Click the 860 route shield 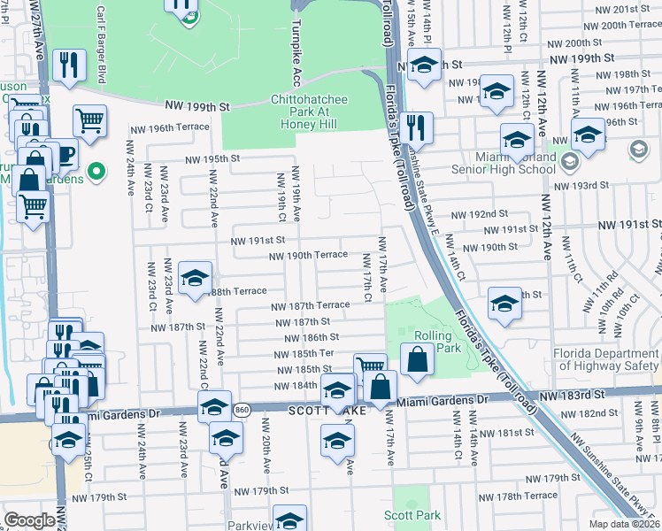pos(242,411)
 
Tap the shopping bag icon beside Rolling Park pos(417,359)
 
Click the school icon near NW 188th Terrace pos(195,278)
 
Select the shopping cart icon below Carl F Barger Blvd pos(89,120)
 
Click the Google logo pos(28,520)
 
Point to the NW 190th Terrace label pos(309,255)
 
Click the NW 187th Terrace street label pos(310,306)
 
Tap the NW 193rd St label pos(581,186)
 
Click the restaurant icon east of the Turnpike pos(415,127)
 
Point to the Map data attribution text pos(625,524)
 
